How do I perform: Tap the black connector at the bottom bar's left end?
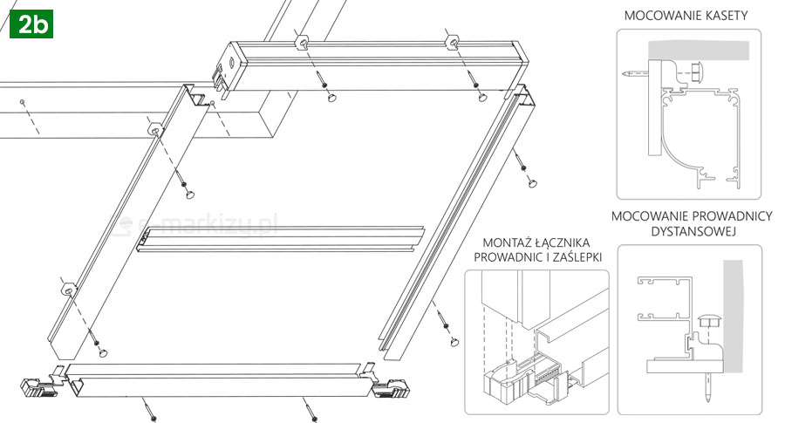click(x=35, y=385)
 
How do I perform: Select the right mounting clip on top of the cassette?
click(x=453, y=42)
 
